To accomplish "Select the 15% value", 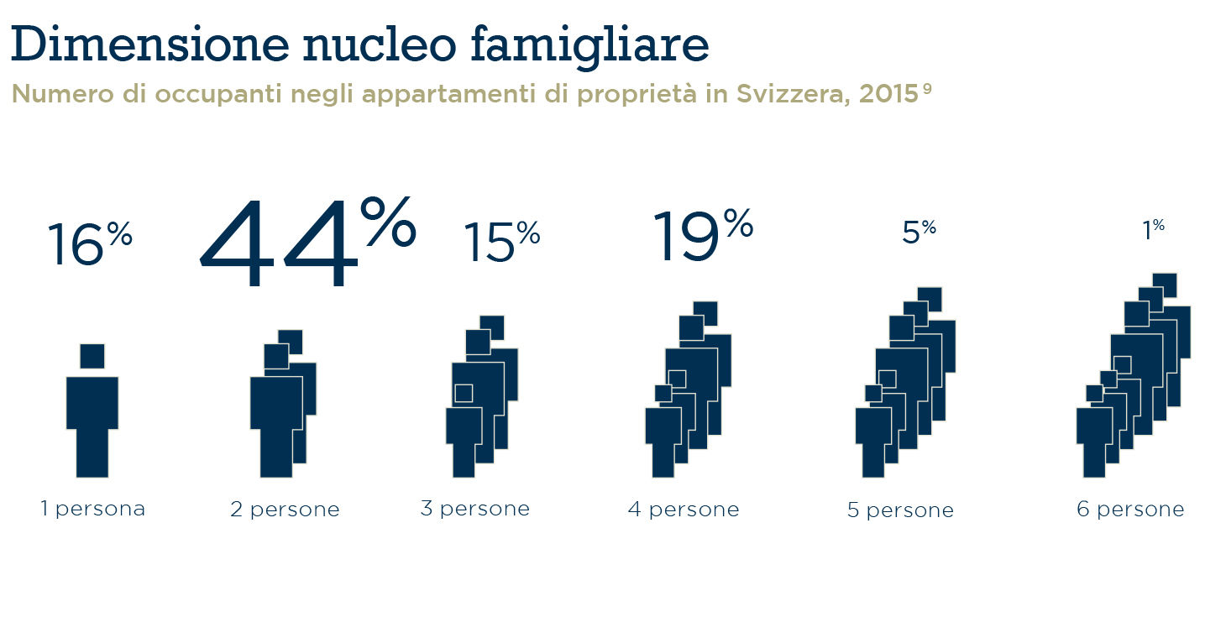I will (502, 242).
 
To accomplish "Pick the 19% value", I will (702, 235).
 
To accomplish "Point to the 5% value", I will (919, 232).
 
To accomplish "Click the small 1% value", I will (1153, 230).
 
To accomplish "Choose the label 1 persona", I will (93, 509).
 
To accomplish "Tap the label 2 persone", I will (286, 510).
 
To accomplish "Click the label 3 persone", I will (475, 509).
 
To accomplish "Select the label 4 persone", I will (684, 510).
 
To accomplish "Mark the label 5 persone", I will (900, 510).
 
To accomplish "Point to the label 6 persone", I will (1130, 510).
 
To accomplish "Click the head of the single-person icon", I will (92, 356).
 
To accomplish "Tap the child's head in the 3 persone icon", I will (464, 393).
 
